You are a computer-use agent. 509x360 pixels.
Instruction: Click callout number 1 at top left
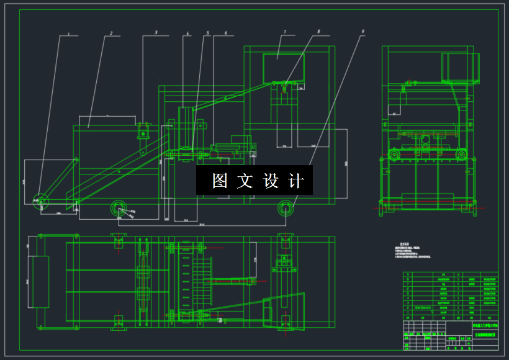pos(69,34)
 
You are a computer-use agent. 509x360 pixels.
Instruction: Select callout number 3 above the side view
pos(156,32)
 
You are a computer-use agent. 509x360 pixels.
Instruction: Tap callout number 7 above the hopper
pos(284,32)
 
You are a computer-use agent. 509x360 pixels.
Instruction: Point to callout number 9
pos(363,31)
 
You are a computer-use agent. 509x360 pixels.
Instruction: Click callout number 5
pos(208,33)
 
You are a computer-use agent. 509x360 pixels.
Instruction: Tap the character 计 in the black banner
pos(297,181)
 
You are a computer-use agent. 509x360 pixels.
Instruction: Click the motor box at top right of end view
pos(460,68)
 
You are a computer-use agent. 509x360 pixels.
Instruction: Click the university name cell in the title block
pos(484,325)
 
